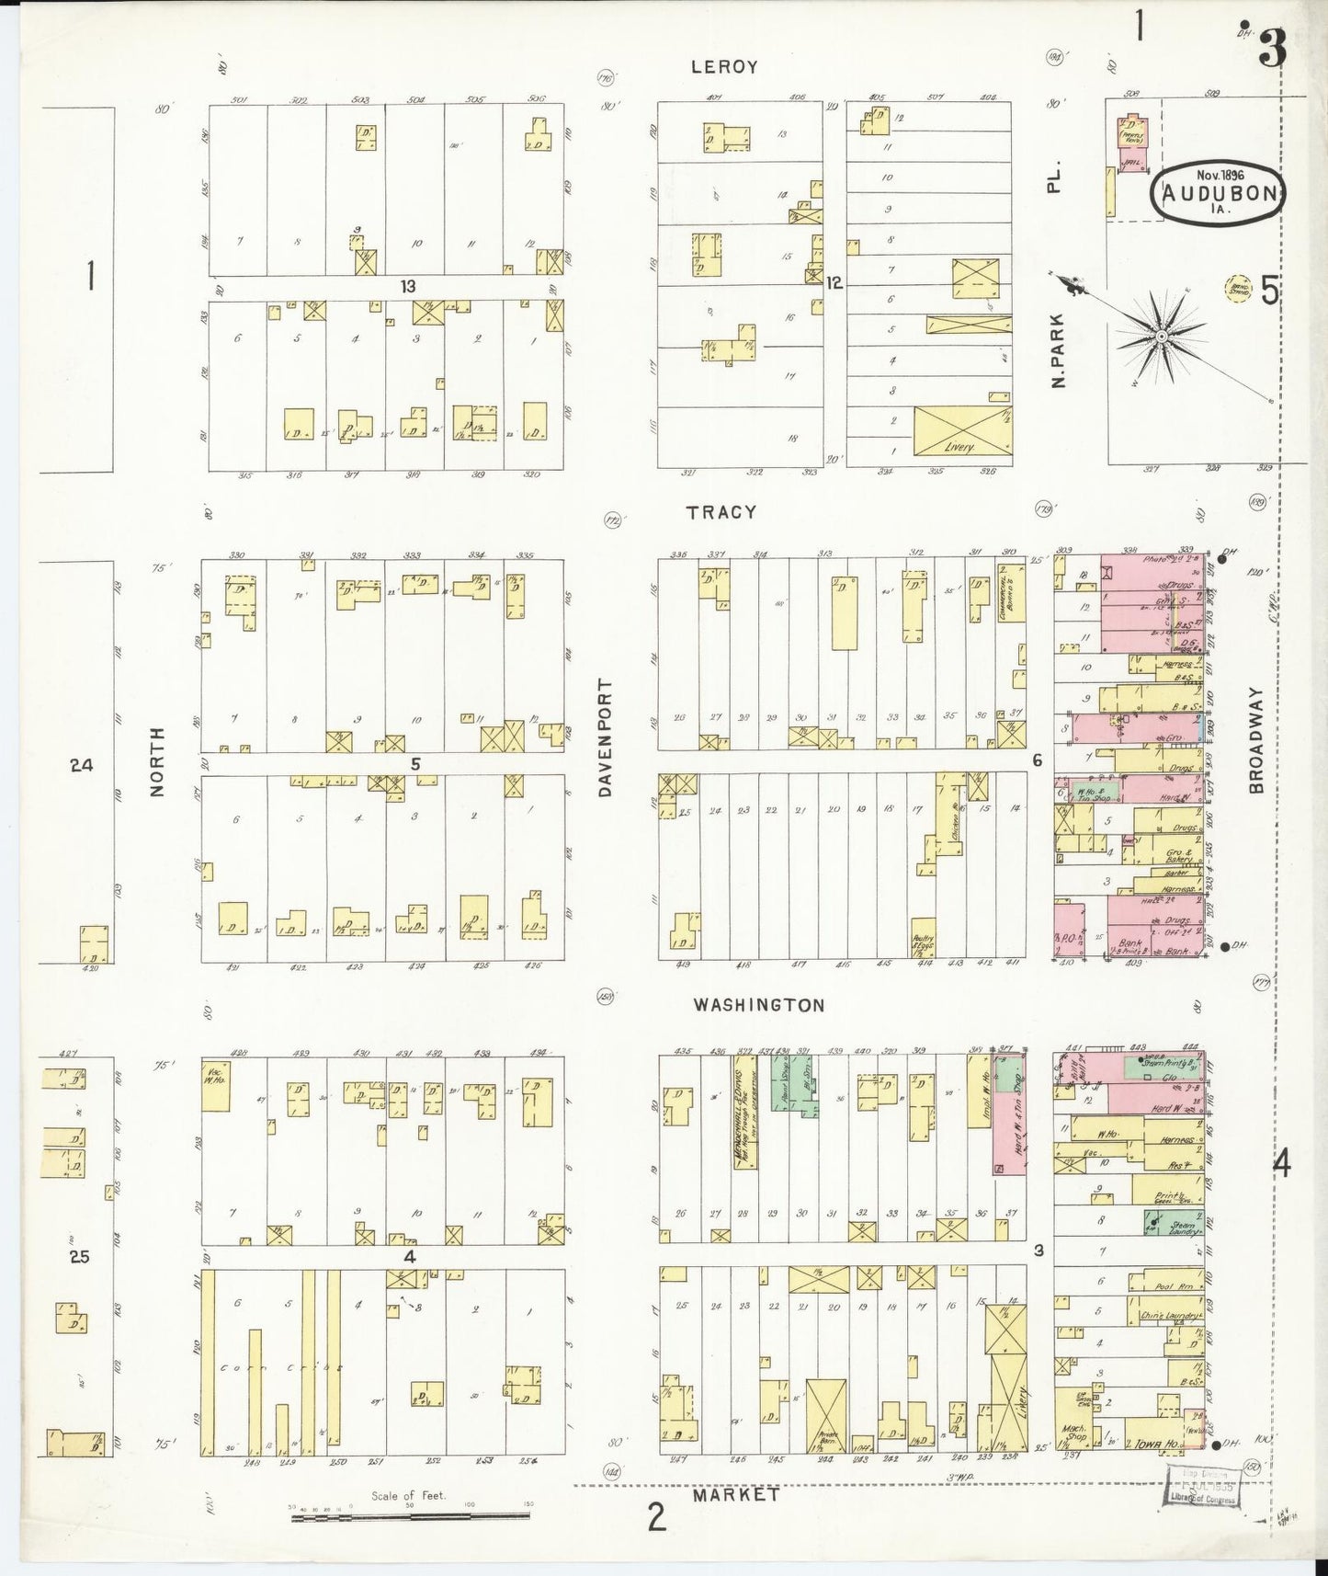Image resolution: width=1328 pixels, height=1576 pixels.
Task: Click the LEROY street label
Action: pyautogui.click(x=724, y=66)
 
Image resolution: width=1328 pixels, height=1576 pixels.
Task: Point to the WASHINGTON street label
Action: pyautogui.click(x=758, y=1005)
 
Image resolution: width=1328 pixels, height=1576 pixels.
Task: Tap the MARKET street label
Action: pyautogui.click(x=736, y=1495)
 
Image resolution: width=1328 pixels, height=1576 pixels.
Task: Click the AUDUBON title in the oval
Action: pyautogui.click(x=1218, y=193)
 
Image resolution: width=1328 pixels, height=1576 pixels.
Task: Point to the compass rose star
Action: pyautogui.click(x=1162, y=337)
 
